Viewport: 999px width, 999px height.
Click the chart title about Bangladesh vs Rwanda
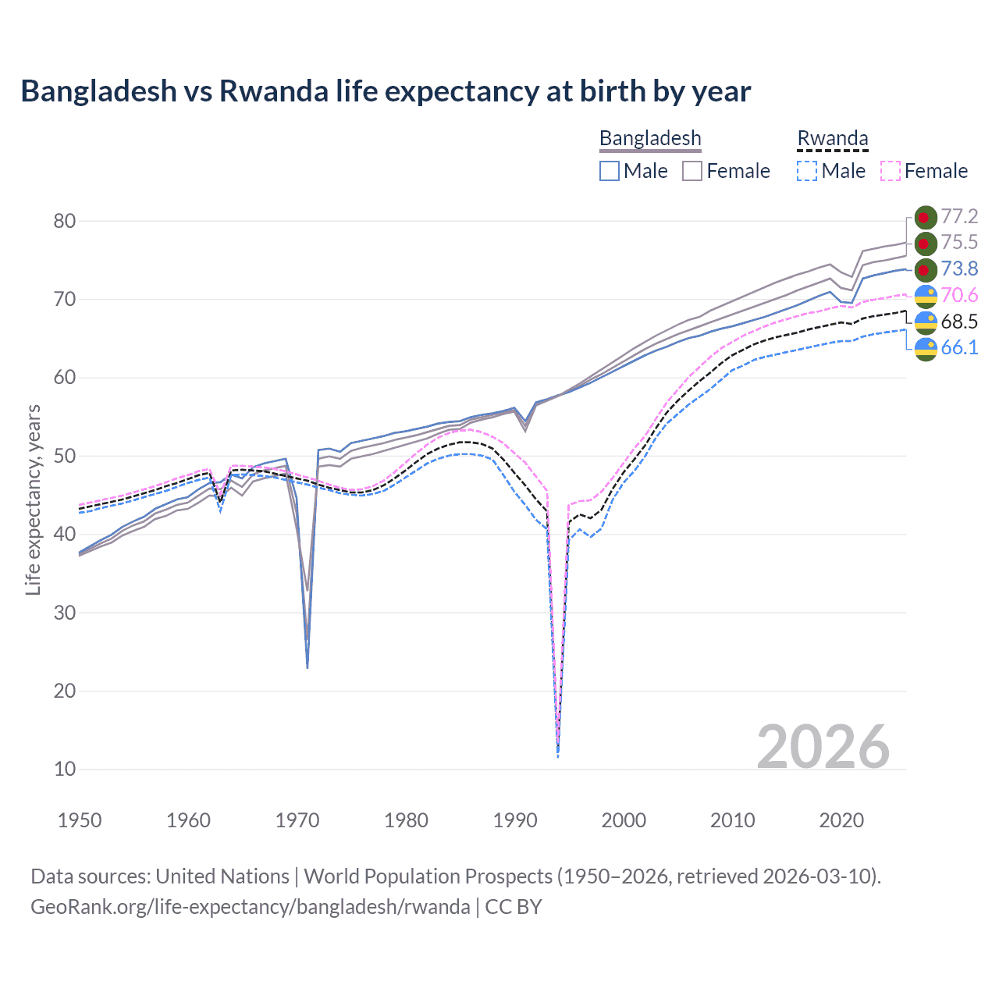click(x=386, y=91)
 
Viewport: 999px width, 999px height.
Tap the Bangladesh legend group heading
click(x=650, y=138)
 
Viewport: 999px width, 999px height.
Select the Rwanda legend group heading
click(x=832, y=138)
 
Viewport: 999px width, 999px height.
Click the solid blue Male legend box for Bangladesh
click(x=610, y=171)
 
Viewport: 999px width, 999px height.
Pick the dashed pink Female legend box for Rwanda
click(x=891, y=171)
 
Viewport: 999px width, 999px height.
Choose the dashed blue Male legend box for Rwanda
click(x=807, y=171)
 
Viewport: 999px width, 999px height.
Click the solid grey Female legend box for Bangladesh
click(x=692, y=171)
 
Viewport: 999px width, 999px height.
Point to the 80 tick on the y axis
click(x=65, y=221)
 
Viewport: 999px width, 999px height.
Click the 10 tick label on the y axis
click(x=65, y=769)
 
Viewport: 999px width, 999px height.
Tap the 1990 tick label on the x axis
click(x=515, y=820)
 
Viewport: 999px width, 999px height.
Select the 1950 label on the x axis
click(x=80, y=820)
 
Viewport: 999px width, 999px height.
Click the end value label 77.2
click(x=959, y=216)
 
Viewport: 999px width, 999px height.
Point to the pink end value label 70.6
click(x=959, y=295)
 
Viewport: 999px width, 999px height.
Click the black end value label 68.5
click(x=959, y=322)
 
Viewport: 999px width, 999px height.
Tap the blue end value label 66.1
click(x=959, y=347)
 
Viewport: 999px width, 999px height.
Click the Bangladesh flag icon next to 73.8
click(x=926, y=270)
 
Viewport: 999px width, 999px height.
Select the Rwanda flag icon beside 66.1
click(x=926, y=349)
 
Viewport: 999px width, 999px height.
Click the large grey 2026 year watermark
click(x=823, y=747)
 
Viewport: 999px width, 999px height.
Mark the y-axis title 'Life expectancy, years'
click(x=33, y=499)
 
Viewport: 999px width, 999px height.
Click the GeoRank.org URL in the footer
click(x=250, y=907)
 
